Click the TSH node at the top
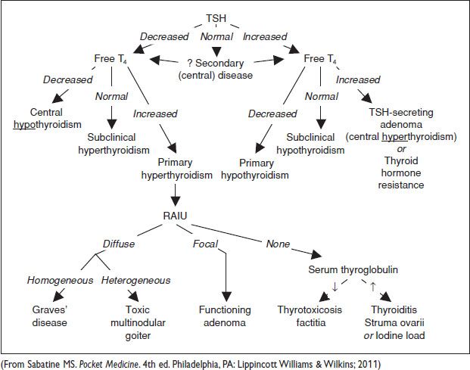216,18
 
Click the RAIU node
176,217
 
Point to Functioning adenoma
225,316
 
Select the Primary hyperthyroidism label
175,169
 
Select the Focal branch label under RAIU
205,244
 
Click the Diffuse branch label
120,244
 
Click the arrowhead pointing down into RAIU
176,203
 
